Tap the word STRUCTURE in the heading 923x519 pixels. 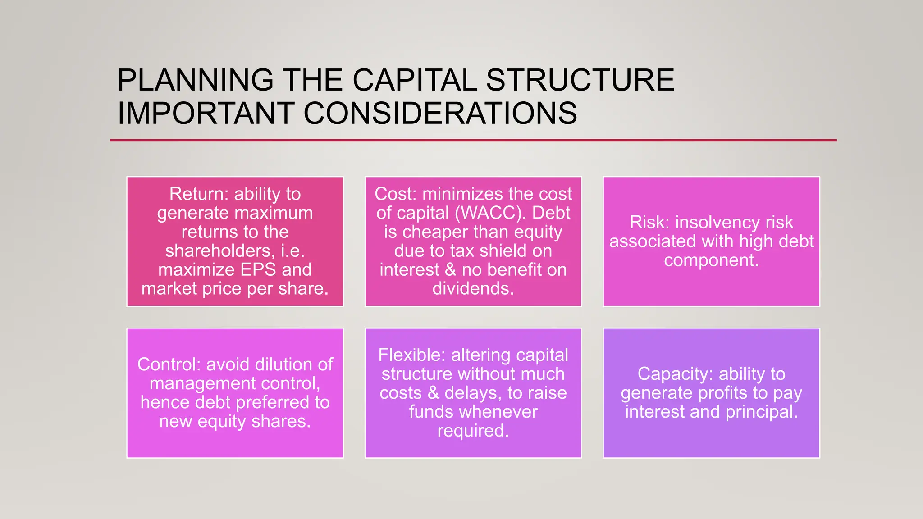(x=580, y=80)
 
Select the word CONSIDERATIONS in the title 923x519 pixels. (x=440, y=113)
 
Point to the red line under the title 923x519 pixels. (x=473, y=140)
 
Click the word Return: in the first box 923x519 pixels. (x=199, y=194)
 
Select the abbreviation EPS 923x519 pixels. (x=258, y=270)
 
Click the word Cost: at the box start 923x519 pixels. (x=396, y=194)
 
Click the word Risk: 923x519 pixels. (x=649, y=223)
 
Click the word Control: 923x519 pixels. (x=169, y=364)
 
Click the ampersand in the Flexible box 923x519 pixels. (x=433, y=393)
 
